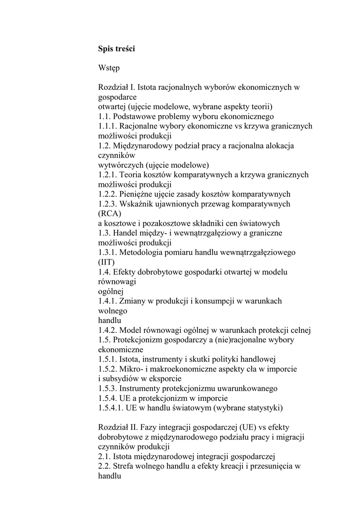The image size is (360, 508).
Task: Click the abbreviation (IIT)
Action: [x=106, y=262]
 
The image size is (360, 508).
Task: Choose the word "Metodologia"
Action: [x=141, y=253]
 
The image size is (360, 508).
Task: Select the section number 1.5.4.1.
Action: [x=110, y=408]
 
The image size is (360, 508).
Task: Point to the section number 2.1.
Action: [x=104, y=456]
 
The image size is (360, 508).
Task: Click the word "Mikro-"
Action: [x=131, y=369]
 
